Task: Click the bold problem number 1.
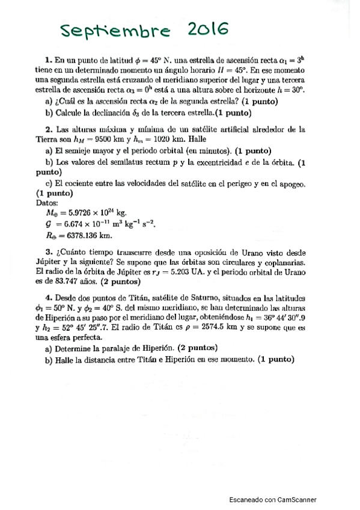point(47,60)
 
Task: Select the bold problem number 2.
point(47,129)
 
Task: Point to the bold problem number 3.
point(47,251)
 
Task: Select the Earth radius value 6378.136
point(81,235)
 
